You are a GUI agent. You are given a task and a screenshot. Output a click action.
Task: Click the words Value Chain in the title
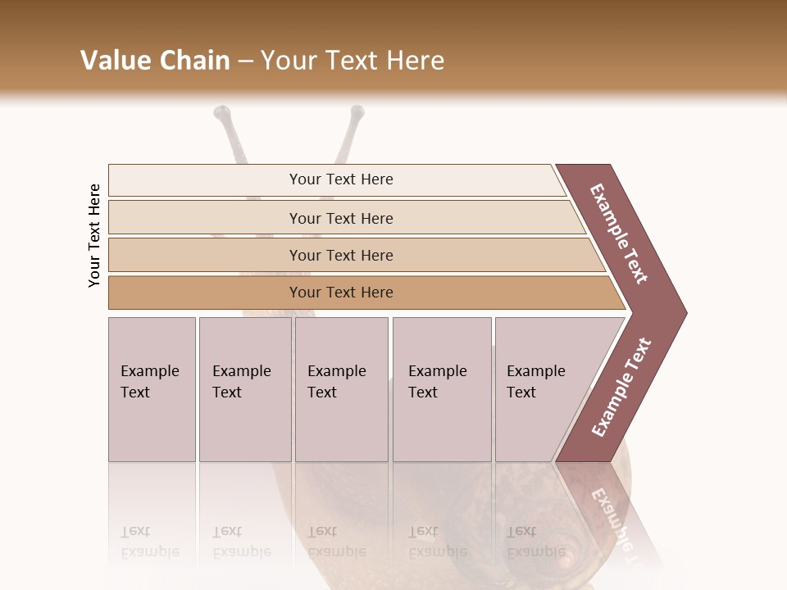click(155, 61)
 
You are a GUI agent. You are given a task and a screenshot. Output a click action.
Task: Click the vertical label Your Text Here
click(94, 235)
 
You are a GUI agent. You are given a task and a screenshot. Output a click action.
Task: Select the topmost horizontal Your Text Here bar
click(340, 179)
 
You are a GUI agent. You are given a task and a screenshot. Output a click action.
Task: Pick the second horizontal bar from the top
click(340, 218)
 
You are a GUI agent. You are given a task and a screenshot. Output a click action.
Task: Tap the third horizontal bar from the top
click(340, 255)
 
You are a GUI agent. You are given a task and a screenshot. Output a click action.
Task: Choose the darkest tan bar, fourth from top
click(340, 293)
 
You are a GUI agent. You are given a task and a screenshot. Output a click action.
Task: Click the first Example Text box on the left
click(152, 389)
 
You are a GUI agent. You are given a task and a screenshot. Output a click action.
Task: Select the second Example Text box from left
click(244, 389)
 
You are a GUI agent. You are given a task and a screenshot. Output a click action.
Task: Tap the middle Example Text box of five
click(341, 389)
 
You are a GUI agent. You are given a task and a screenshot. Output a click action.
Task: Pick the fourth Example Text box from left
click(442, 389)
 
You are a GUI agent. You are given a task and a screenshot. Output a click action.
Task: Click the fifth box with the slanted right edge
click(541, 389)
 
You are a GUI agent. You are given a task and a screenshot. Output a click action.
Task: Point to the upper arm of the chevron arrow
click(619, 234)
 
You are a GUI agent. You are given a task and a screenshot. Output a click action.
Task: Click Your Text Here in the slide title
click(353, 61)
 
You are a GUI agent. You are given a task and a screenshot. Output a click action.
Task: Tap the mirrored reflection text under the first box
click(149, 541)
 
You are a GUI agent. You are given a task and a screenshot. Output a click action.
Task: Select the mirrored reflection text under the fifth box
click(535, 541)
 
